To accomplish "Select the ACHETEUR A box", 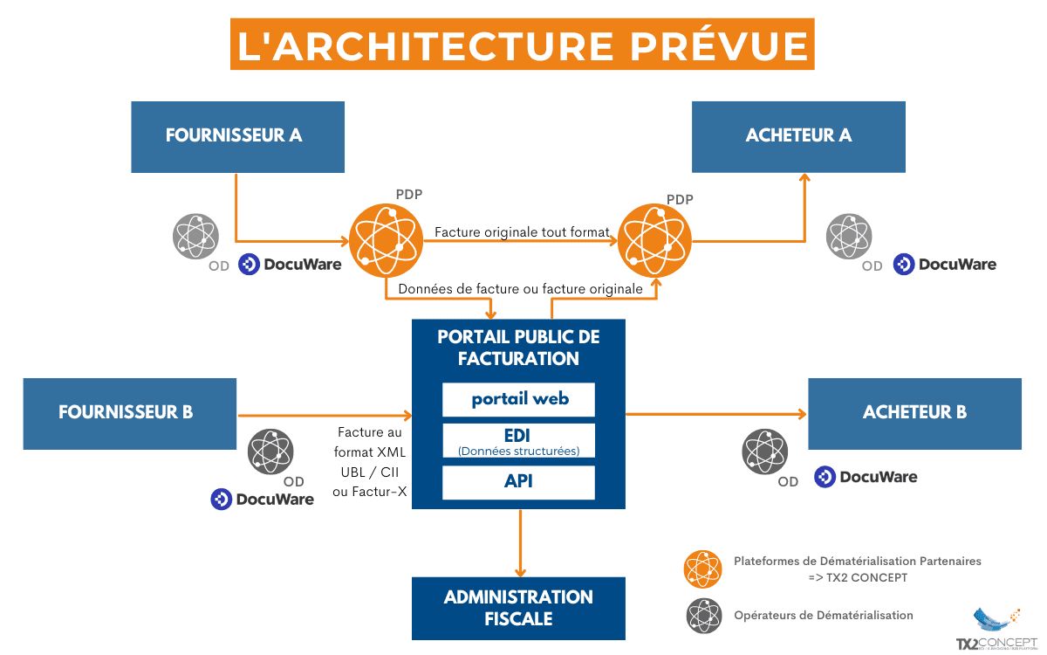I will (798, 136).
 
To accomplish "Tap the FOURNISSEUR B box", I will (129, 413).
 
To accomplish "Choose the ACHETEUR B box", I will (914, 413).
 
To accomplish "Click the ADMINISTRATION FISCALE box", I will (518, 608).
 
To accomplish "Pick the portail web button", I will (518, 399).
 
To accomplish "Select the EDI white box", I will (518, 441).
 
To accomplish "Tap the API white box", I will (518, 482).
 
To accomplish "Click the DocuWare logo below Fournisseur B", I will (263, 500).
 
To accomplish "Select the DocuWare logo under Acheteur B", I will (866, 477).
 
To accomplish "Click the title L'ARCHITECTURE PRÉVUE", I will (523, 45).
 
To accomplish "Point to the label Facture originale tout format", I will (522, 232).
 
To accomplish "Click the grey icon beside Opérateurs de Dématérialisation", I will (703, 616).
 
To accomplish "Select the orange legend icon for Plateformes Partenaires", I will (703, 569).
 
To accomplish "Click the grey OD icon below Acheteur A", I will (849, 236).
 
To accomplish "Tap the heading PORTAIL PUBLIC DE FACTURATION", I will (518, 348).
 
